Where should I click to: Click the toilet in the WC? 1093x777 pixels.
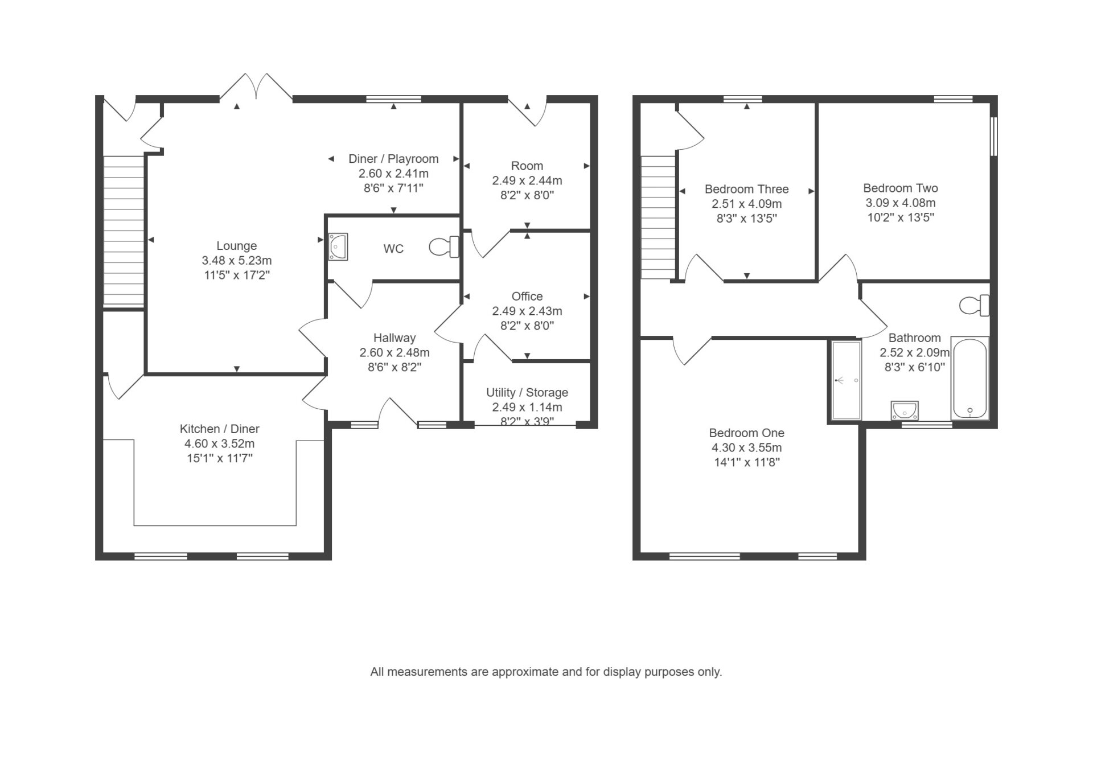444,247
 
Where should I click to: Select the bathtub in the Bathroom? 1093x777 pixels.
969,378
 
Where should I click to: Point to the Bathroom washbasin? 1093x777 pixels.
905,410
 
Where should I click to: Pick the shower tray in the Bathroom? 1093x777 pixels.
847,380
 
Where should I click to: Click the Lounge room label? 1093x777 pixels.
237,246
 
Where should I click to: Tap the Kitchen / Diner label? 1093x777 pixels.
220,429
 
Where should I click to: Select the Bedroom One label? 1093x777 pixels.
747,433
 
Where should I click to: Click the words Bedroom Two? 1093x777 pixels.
901,188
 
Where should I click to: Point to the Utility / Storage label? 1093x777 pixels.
527,393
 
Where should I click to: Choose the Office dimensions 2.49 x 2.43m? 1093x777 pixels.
527,311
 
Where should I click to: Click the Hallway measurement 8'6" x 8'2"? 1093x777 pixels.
395,368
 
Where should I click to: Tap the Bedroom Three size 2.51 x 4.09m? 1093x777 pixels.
747,204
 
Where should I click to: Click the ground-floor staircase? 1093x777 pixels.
124,231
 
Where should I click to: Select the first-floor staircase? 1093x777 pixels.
658,217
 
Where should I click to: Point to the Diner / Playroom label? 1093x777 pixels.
393,159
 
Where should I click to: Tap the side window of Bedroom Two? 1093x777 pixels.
994,136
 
